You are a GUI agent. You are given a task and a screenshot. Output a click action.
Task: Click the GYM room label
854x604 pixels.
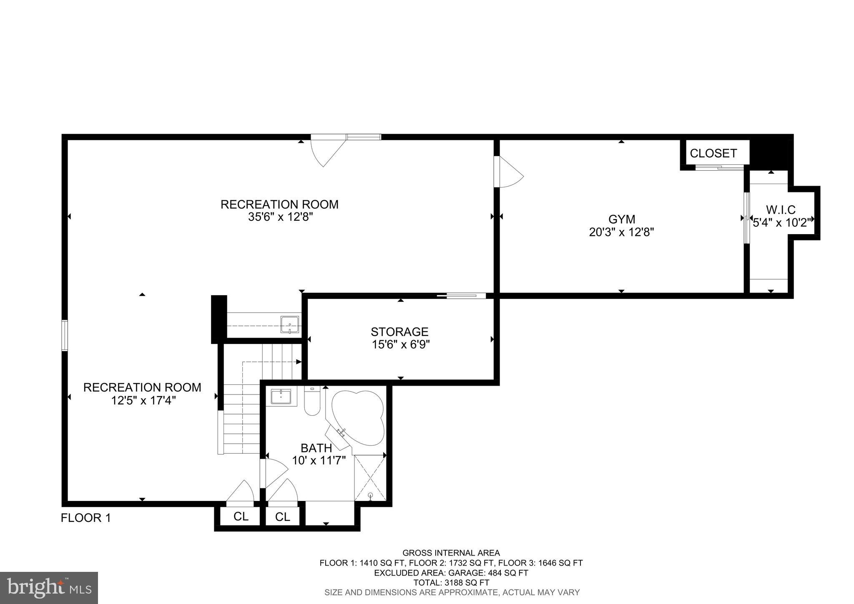[621, 219]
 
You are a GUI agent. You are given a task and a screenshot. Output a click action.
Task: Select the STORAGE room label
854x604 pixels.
[399, 332]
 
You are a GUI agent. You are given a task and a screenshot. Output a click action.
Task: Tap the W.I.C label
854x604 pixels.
[781, 210]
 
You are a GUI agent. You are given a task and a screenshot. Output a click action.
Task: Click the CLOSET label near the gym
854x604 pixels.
[713, 154]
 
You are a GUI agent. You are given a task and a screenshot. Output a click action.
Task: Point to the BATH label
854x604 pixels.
[316, 448]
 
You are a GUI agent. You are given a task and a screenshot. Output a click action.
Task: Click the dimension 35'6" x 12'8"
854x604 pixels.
[279, 217]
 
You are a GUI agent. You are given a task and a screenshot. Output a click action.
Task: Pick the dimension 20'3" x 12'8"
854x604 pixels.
[621, 232]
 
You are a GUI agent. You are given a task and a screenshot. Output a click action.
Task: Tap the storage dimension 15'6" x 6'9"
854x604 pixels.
[400, 345]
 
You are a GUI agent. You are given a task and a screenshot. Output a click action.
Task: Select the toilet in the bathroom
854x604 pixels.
[311, 401]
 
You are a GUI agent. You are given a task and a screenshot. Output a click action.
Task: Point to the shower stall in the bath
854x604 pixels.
[369, 478]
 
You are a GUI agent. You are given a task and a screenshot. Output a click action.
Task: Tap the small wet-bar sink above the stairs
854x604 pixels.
[289, 325]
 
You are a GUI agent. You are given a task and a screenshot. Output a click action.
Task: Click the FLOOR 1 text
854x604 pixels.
[86, 518]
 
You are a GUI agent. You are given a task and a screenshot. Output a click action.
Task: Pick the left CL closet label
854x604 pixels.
[241, 516]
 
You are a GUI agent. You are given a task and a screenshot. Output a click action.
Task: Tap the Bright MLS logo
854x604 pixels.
[49, 588]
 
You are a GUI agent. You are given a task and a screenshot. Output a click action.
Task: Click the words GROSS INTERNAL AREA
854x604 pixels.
[451, 553]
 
